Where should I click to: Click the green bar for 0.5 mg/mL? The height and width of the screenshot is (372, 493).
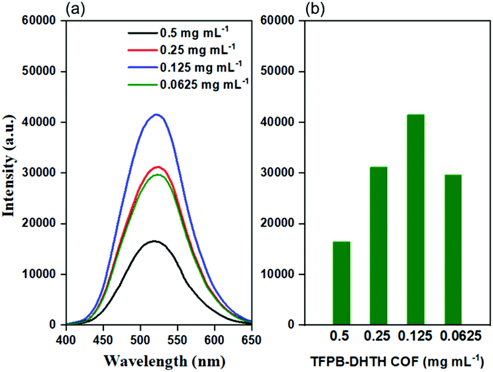341,283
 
